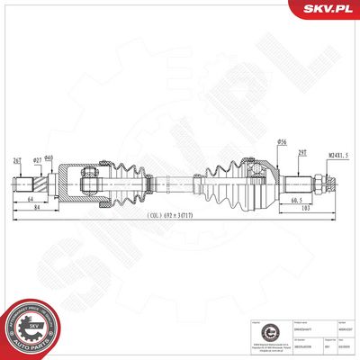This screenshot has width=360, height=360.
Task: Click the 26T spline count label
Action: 17,162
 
